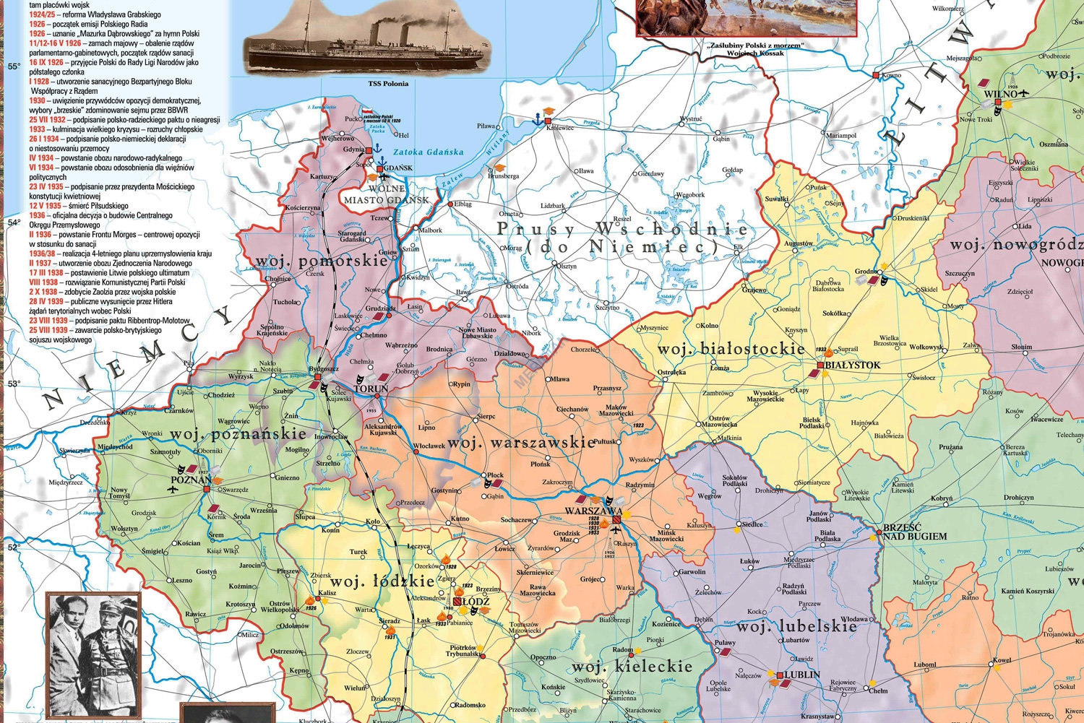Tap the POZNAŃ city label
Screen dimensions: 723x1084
pyautogui.click(x=191, y=480)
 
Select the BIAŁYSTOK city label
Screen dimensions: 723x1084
pyautogui.click(x=852, y=365)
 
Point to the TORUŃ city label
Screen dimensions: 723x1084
pyautogui.click(x=371, y=389)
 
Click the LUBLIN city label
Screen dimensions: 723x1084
pyautogui.click(x=801, y=675)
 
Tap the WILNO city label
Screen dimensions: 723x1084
pyautogui.click(x=1000, y=93)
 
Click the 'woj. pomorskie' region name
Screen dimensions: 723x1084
pyautogui.click(x=321, y=261)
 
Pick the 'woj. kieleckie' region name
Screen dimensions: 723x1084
pyautogui.click(x=632, y=666)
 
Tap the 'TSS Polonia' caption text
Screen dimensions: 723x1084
pyautogui.click(x=388, y=84)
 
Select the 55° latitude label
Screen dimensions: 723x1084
pyautogui.click(x=14, y=66)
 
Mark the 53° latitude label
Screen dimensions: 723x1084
pyautogui.click(x=14, y=384)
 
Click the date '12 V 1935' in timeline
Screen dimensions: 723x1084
pyautogui.click(x=45, y=206)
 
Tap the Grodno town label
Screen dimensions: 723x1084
pyautogui.click(x=867, y=272)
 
